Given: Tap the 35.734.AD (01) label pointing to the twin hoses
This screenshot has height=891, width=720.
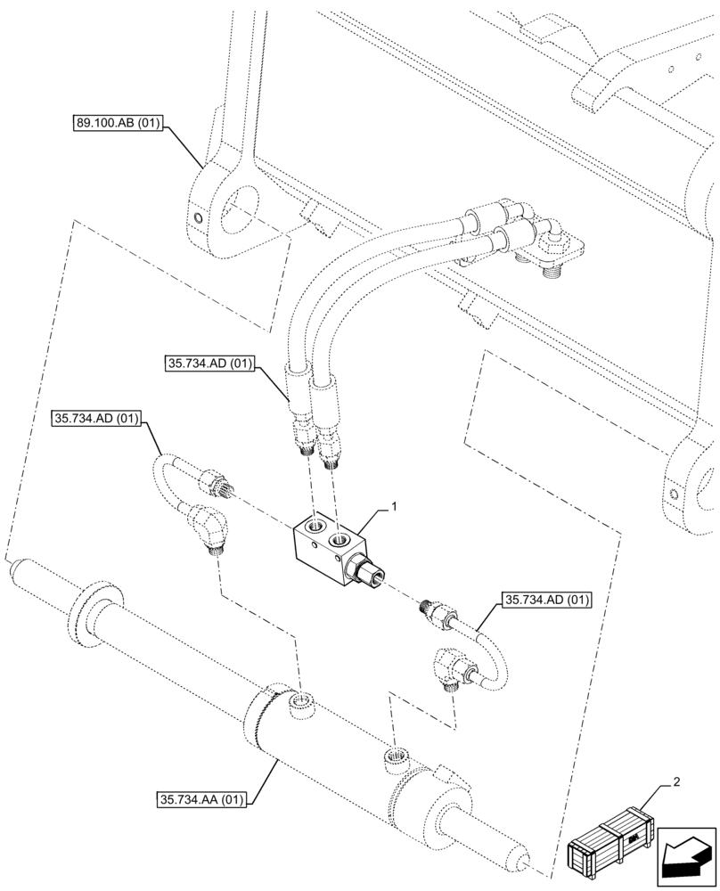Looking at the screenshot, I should pos(210,364).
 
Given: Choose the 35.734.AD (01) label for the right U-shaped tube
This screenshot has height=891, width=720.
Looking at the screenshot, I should pos(546,600).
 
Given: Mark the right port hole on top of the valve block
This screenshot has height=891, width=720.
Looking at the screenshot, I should pos(340,539).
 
